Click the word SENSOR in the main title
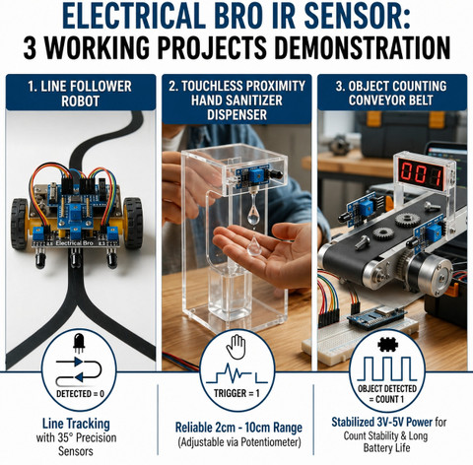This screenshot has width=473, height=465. (x=357, y=17)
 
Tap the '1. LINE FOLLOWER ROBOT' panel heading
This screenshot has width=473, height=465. (x=80, y=94)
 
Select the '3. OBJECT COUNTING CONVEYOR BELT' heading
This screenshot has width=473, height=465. (x=391, y=93)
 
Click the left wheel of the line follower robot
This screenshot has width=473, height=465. (x=20, y=224)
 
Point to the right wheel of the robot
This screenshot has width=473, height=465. (x=133, y=223)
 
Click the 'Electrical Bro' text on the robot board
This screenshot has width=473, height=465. (x=75, y=243)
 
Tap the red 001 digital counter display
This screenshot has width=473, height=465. (x=421, y=173)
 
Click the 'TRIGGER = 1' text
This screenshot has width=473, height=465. (x=236, y=393)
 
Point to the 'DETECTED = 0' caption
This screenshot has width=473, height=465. (x=80, y=393)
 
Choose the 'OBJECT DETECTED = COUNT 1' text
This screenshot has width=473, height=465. (x=387, y=394)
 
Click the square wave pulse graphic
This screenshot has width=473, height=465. (x=387, y=368)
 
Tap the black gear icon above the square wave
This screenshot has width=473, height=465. (x=388, y=344)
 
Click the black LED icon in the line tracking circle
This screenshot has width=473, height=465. (x=79, y=343)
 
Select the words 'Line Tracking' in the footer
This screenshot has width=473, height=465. (x=76, y=424)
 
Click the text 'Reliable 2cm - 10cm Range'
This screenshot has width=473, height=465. (x=238, y=428)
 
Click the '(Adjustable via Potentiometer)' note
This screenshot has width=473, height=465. (x=239, y=442)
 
